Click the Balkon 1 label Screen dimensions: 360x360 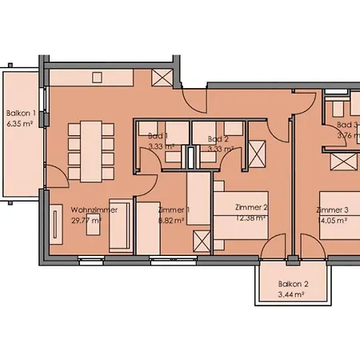[x=20, y=114]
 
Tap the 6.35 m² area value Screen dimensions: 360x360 [x=20, y=124]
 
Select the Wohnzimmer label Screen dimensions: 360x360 [x=94, y=210]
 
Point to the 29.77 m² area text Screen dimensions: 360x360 [x=86, y=220]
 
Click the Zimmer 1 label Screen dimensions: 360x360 [x=174, y=210]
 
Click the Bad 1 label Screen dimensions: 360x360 [x=158, y=137]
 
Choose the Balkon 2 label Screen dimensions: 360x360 [x=293, y=285]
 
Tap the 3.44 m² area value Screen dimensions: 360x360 [x=290, y=295]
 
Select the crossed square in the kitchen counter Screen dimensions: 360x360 [x=160, y=78]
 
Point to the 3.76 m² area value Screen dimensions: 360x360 [x=347, y=135]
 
